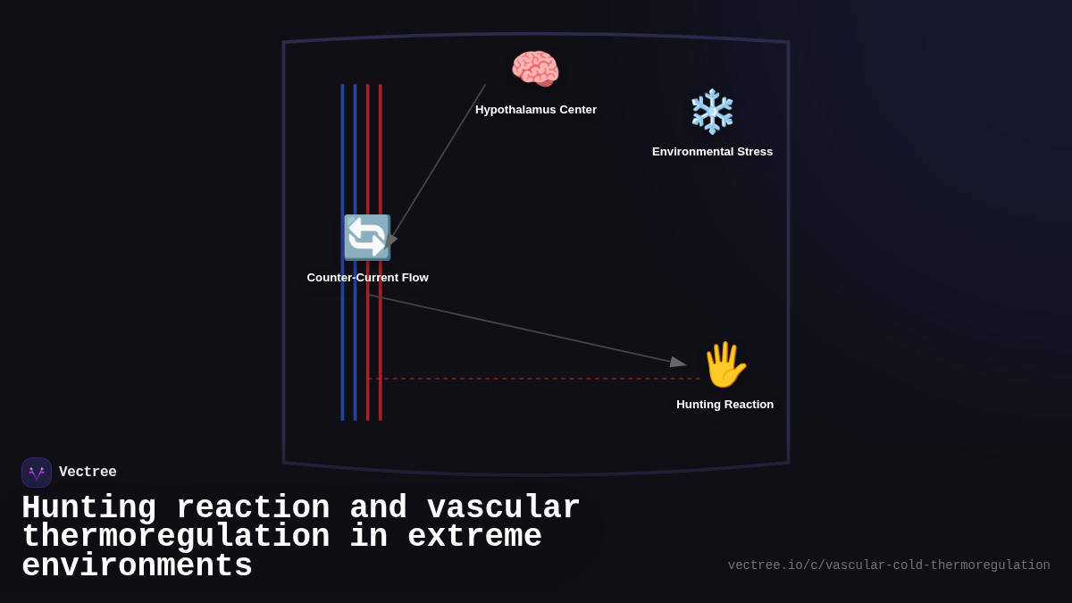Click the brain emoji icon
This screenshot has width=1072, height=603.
(x=535, y=70)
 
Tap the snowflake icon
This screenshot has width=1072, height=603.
(x=712, y=112)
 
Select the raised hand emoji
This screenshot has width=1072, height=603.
(x=724, y=364)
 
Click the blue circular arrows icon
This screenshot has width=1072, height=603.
(x=367, y=238)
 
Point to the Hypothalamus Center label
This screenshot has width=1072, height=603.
(x=536, y=110)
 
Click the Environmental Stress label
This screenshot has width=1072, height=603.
(x=712, y=152)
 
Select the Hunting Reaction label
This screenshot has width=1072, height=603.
(x=724, y=405)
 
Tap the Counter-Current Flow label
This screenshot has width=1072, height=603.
(x=367, y=278)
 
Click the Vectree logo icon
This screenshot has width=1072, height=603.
(x=37, y=473)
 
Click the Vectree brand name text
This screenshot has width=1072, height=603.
(x=88, y=473)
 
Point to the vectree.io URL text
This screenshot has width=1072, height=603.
(x=888, y=565)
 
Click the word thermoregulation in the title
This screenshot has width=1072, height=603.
(x=175, y=537)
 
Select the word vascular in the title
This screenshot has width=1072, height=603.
(x=504, y=508)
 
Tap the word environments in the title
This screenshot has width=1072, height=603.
(x=137, y=566)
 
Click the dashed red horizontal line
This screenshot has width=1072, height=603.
(x=536, y=379)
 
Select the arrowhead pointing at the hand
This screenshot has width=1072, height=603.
(x=679, y=362)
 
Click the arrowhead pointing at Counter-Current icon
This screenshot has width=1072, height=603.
(x=391, y=239)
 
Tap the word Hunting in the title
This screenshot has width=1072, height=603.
(x=88, y=508)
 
